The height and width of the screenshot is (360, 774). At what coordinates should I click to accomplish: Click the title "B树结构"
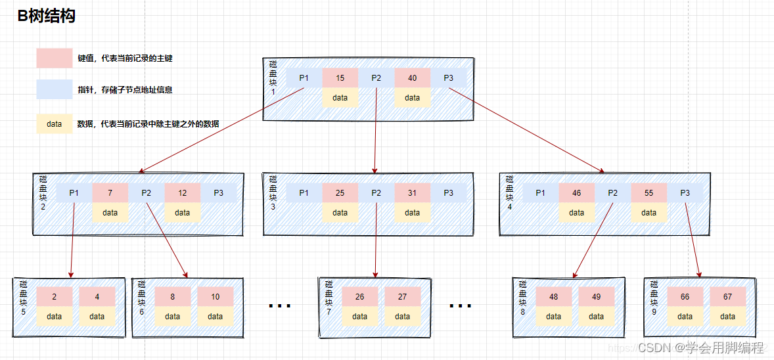point(47,16)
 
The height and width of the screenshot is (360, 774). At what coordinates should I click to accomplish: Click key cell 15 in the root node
point(340,78)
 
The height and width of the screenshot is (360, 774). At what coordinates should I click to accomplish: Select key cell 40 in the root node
point(412,78)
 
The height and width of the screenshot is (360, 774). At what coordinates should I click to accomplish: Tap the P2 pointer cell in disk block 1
point(376,78)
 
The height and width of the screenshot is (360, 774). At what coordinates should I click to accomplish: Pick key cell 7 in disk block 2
point(110,193)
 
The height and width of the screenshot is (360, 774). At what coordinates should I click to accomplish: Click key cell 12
point(182,193)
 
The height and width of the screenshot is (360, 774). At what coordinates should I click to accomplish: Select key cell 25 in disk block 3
point(340,193)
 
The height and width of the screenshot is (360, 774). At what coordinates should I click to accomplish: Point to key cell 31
point(412,193)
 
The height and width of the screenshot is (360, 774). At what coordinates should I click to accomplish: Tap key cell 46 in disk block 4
point(576,193)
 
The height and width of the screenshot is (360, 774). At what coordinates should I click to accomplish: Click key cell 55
point(649,193)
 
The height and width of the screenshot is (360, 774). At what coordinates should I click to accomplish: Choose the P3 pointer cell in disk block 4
point(685,193)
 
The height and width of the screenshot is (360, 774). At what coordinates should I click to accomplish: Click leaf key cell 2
point(54,297)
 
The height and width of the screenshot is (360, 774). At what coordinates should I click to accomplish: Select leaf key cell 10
point(215,297)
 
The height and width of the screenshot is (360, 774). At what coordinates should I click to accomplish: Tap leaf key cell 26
point(359,297)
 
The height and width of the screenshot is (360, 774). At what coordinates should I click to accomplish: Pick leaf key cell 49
point(596,297)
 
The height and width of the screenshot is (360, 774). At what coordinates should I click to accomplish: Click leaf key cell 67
point(727,297)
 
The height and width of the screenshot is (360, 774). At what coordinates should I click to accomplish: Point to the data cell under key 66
point(685,316)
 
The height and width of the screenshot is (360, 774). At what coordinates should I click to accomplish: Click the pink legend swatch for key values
point(54,58)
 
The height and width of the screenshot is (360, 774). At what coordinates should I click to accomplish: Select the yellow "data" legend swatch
point(54,124)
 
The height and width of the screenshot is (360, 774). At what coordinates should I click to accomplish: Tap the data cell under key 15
point(340,98)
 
